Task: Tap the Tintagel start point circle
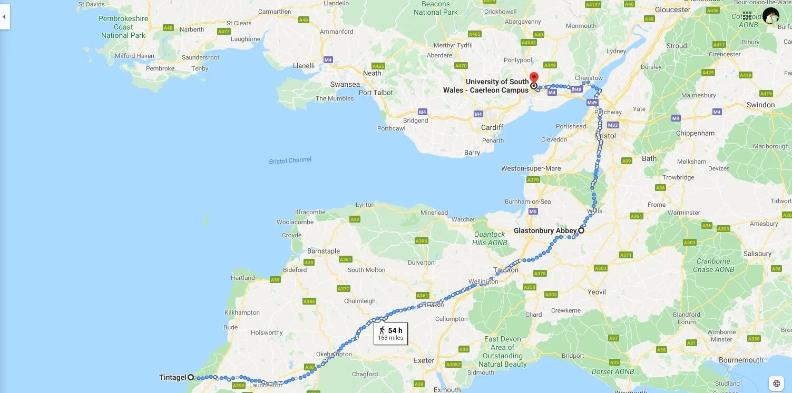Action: (x=191, y=377)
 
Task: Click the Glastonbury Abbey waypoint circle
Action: (x=581, y=230)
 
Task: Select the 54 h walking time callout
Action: (x=390, y=334)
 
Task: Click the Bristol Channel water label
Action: (x=290, y=160)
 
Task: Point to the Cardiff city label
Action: (x=492, y=127)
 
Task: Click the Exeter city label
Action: (x=424, y=361)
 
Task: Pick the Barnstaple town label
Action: (x=324, y=251)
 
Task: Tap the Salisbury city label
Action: (x=757, y=254)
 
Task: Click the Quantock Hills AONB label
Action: (x=490, y=238)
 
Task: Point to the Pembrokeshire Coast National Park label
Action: (x=123, y=27)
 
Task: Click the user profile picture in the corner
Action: (x=770, y=16)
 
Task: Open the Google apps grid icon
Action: (x=747, y=16)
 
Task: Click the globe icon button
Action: (x=776, y=383)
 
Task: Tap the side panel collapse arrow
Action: (x=5, y=17)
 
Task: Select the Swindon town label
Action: (x=760, y=105)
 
